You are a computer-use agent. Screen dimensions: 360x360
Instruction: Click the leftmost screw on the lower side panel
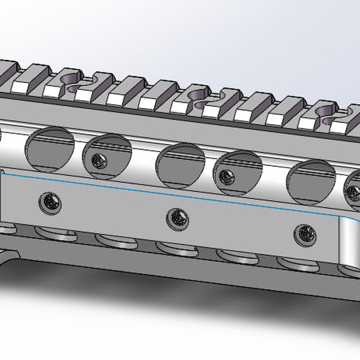tap(50, 202)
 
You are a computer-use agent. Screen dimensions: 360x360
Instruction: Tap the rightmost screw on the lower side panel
tap(305, 234)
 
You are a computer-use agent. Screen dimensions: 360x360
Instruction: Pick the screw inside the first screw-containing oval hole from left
tap(99, 161)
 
